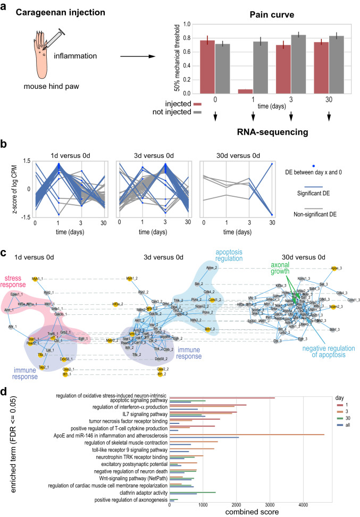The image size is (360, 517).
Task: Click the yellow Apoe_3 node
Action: tap(334, 269)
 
